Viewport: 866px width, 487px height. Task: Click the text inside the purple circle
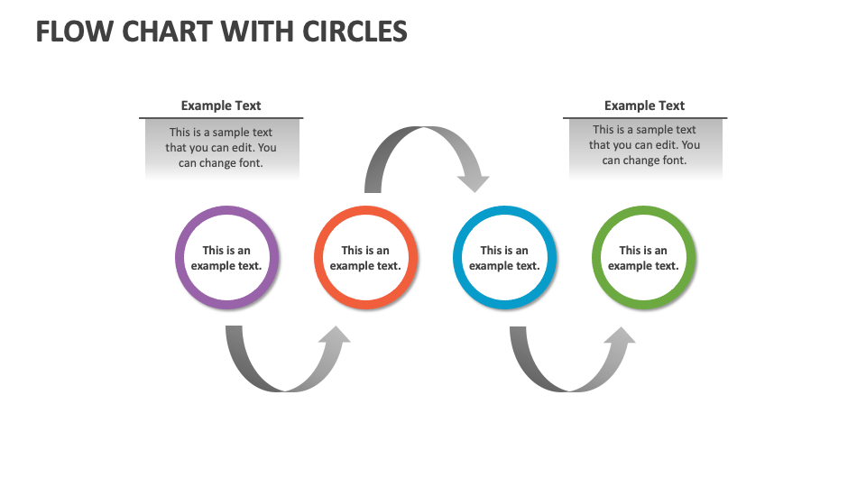[x=226, y=258]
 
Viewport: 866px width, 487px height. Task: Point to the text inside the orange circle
[x=365, y=258]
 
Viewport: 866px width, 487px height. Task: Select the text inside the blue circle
[x=504, y=258]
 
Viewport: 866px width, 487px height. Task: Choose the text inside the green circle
[x=643, y=258]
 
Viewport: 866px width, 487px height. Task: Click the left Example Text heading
[x=221, y=106]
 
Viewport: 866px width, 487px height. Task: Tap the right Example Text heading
[x=644, y=106]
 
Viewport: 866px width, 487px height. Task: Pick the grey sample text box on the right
[x=644, y=146]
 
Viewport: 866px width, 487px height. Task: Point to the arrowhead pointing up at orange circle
[x=335, y=337]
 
